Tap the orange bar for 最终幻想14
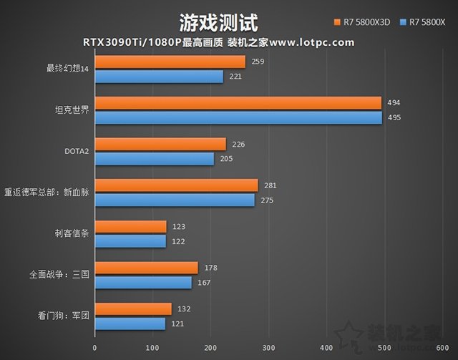(170, 62)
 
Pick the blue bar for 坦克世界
(238, 117)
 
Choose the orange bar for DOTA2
(160, 145)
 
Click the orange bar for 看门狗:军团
(133, 309)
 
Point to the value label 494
(394, 104)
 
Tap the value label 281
(271, 186)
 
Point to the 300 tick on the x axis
(268, 348)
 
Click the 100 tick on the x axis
(152, 348)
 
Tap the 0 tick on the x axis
(95, 348)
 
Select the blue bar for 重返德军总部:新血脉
(175, 200)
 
